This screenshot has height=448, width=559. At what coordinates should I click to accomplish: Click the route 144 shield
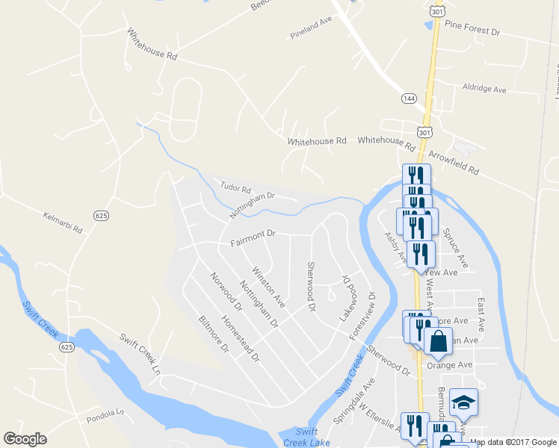pos(408,98)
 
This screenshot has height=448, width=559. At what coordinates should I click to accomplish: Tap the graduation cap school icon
pos(463,402)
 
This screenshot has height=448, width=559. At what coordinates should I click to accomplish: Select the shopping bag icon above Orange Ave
pos(438,341)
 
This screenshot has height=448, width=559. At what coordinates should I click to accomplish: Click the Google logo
pos(25,439)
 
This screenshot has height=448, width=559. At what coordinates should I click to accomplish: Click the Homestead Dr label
pos(243,340)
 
